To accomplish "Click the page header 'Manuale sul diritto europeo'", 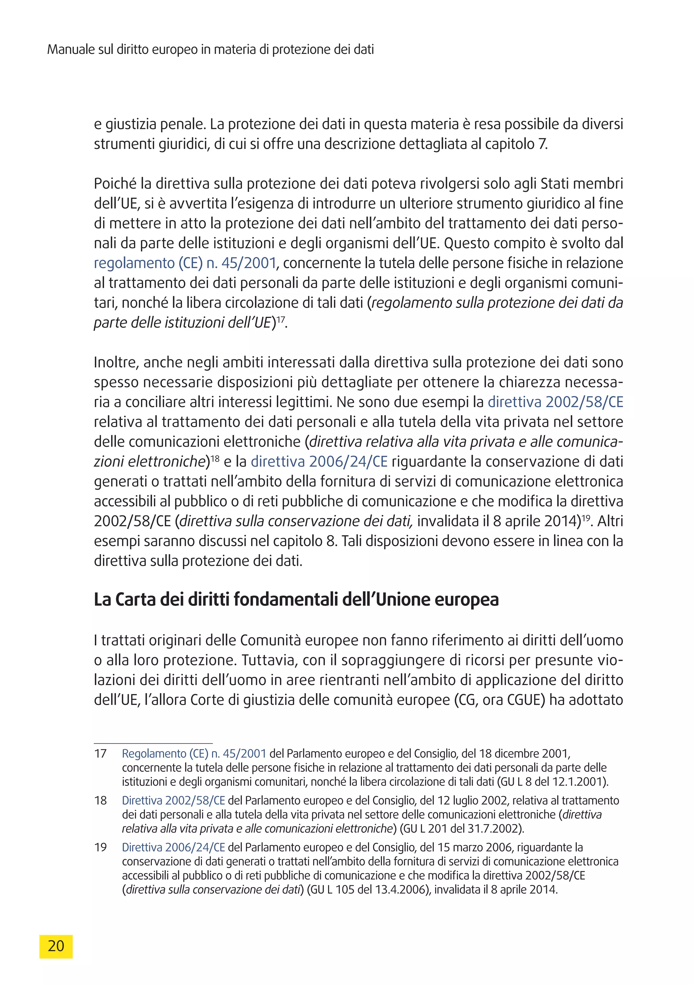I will point(210,50).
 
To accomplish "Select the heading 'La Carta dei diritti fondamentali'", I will point(296,599).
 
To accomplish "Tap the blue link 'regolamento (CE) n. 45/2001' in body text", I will point(185,263).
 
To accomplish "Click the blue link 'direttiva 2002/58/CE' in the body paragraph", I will point(555,402).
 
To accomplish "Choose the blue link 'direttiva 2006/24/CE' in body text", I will point(319,462).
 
